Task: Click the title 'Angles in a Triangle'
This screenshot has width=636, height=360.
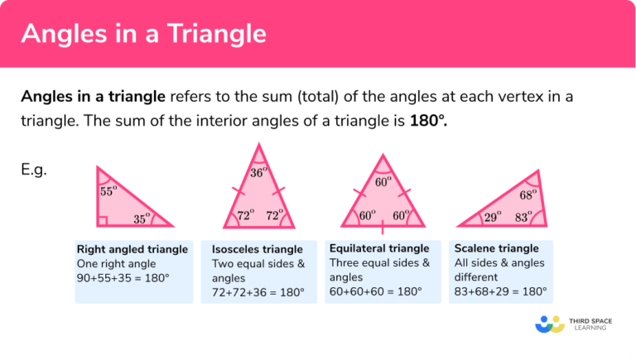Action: (x=143, y=34)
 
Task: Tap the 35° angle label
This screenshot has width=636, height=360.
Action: (x=142, y=220)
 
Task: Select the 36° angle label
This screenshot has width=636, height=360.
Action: (x=259, y=173)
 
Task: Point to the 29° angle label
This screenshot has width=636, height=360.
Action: (x=492, y=217)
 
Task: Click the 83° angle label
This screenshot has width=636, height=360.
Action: (x=523, y=217)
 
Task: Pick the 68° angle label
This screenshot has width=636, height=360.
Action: (x=528, y=195)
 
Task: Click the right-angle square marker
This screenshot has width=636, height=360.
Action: (x=102, y=221)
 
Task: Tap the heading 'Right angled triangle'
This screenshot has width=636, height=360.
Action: (x=132, y=249)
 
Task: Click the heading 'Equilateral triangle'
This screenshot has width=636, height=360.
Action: (x=379, y=248)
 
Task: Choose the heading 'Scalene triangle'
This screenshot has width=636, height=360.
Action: (x=497, y=248)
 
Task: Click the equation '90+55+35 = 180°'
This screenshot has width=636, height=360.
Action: (x=123, y=278)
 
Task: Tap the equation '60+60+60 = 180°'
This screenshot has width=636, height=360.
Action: (x=376, y=292)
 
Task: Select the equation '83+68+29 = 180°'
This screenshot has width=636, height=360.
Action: (x=501, y=292)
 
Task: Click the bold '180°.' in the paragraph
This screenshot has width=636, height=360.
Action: (x=428, y=122)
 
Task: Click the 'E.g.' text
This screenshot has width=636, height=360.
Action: (x=34, y=170)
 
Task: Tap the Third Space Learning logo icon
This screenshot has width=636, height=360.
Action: (x=550, y=324)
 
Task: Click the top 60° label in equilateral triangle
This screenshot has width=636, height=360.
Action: (x=383, y=181)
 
